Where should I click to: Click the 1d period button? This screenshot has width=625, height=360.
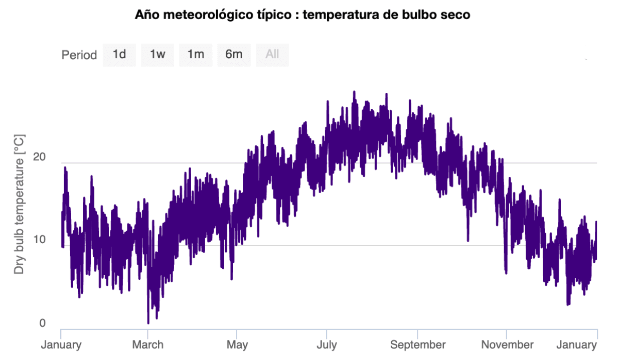119,55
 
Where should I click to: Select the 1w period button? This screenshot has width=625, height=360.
157,55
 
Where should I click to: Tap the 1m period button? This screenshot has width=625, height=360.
196,55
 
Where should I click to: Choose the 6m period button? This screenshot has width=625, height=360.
234,55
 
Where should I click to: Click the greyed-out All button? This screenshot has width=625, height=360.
272,55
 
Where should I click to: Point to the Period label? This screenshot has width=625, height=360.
79,55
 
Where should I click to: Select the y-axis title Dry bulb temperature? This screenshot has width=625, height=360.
19,204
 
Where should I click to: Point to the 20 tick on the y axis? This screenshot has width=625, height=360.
39,157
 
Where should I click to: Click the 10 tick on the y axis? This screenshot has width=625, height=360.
39,240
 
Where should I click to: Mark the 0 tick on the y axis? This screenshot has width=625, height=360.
43,323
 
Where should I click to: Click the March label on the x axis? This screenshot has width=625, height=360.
147,345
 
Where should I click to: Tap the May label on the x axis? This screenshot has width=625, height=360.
237,345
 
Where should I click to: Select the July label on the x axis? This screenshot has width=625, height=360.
327,345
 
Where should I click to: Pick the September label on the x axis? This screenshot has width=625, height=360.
418,345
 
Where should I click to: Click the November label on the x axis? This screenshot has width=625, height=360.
507,345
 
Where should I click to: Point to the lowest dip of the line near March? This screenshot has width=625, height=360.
148,322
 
